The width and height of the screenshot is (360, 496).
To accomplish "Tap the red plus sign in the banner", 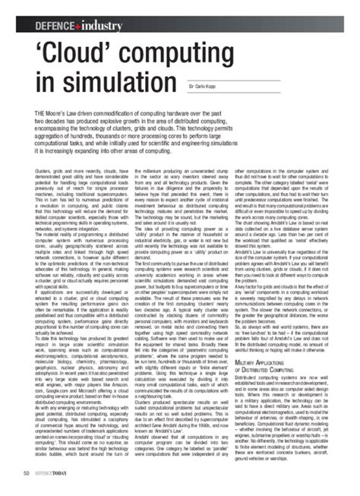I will point(74,27).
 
